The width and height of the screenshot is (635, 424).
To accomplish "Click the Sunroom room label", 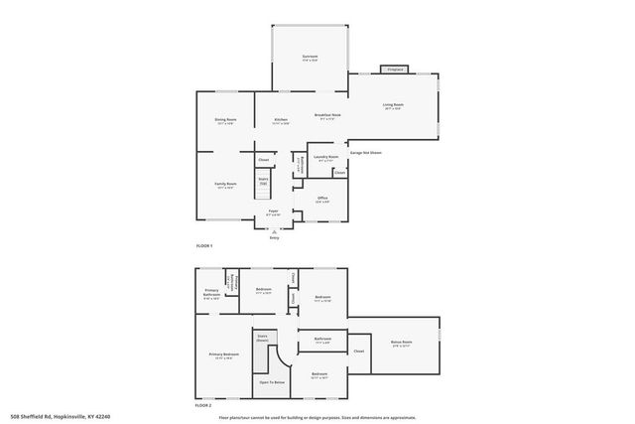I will pos(310,57).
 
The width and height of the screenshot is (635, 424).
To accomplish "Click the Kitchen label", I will pos(281,120).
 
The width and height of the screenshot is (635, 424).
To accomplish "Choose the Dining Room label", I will pos(225,120).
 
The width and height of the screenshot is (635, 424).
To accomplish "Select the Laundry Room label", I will pos(326,156).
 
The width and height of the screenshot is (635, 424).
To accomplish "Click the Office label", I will pos(322,198).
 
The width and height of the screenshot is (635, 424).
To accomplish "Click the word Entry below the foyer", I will pos(274,238).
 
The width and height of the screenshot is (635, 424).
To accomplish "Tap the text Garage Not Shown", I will pos(365,153).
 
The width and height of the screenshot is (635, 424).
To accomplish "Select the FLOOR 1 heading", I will pos(203,244).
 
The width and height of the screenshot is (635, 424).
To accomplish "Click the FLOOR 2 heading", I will pos(203,406).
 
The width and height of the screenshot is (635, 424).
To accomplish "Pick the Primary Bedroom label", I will pos(223,354).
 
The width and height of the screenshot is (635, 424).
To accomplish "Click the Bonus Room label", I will pos(401,343).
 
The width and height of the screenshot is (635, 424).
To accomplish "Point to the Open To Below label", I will pos(273,381).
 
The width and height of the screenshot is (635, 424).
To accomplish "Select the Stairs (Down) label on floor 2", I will pos(263,338).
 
